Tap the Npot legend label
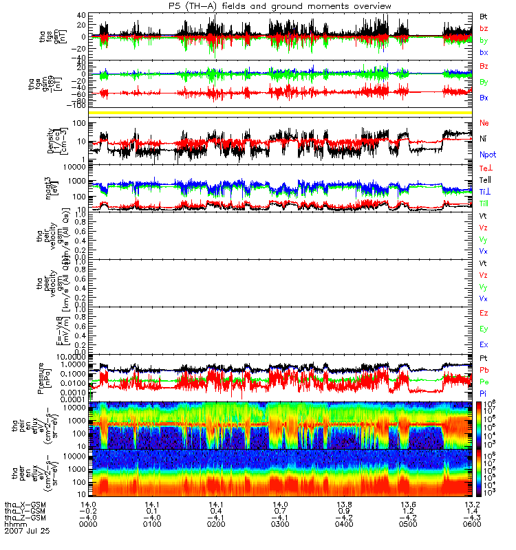[x=488, y=155]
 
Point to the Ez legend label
[x=484, y=313]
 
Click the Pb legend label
[x=484, y=370]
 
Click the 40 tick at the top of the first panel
[x=81, y=15]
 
